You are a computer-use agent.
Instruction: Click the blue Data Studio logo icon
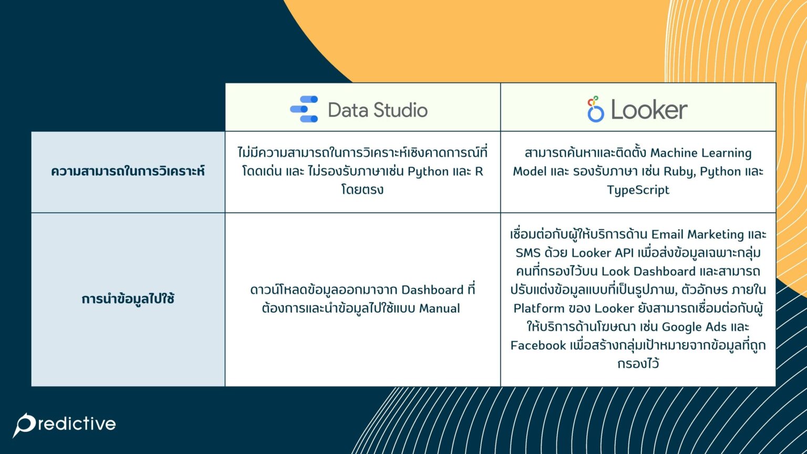click(x=304, y=109)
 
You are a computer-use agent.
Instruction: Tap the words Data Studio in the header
click(x=377, y=110)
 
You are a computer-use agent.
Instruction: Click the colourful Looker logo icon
click(x=595, y=109)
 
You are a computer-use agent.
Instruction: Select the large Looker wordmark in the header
click(x=649, y=110)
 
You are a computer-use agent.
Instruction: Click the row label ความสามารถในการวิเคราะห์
click(x=128, y=171)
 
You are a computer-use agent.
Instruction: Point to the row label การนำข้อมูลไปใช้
click(x=128, y=299)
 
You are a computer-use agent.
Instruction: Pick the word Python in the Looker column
click(x=719, y=171)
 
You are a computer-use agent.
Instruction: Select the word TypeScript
click(x=638, y=190)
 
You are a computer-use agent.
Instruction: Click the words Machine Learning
click(x=701, y=153)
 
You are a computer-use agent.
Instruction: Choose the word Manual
click(x=439, y=308)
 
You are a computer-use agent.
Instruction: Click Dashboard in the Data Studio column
click(x=432, y=290)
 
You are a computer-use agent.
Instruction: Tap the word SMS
click(x=528, y=253)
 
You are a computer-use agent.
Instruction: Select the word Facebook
click(x=538, y=345)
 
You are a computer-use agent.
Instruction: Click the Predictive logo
click(x=65, y=424)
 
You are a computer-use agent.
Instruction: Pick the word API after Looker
click(x=624, y=253)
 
